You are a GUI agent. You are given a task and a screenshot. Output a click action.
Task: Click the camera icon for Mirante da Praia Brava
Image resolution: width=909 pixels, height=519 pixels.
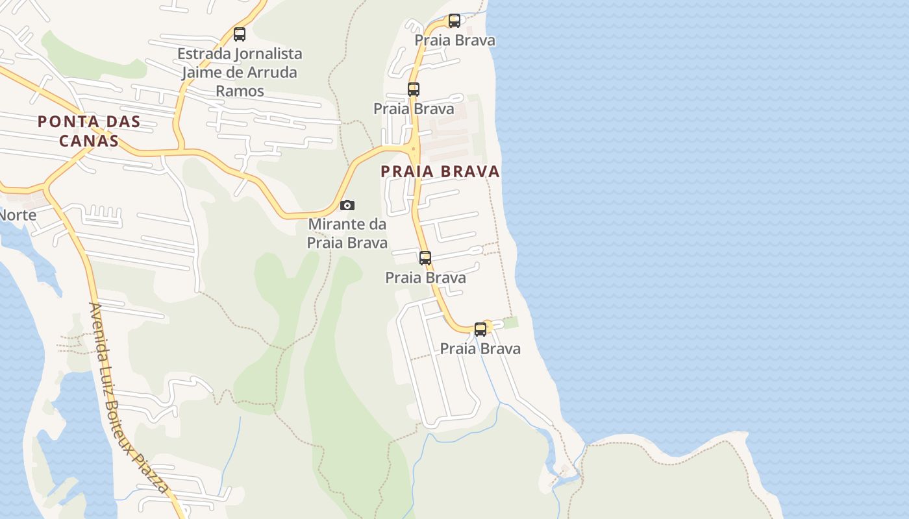[347, 206]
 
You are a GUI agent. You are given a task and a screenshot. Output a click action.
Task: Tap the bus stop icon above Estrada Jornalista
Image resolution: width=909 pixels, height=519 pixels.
[240, 34]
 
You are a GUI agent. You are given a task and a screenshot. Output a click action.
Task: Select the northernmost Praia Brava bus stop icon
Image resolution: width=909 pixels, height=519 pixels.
[454, 21]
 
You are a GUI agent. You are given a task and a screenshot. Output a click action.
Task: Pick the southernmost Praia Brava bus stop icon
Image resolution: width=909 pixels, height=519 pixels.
[480, 330]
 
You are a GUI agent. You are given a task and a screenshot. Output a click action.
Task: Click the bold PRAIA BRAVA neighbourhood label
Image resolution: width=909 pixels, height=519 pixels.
[440, 172]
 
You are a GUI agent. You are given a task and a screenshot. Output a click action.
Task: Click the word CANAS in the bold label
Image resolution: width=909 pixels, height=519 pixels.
[89, 141]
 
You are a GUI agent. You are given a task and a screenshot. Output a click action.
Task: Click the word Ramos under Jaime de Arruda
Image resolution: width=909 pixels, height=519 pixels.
[240, 91]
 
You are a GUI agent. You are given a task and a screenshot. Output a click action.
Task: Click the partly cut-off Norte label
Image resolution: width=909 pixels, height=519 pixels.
[18, 215]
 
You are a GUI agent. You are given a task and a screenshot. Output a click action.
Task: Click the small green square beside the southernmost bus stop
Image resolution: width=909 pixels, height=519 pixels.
[511, 322]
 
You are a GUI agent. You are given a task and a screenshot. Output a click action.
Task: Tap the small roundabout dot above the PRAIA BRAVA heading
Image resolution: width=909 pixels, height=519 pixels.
[413, 149]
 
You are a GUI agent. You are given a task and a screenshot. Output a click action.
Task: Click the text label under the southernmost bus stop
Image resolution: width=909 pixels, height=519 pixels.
[480, 349]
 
